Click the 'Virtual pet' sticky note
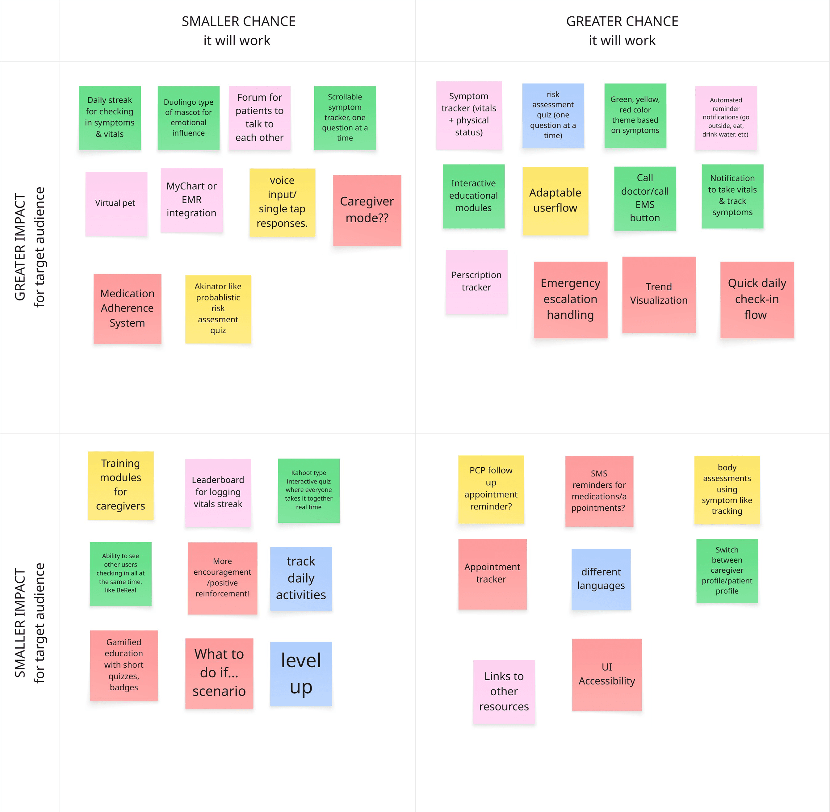tap(116, 204)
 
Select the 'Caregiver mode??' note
tap(367, 210)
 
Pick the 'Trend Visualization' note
tap(659, 295)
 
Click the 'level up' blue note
tap(301, 674)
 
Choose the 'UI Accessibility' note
tap(607, 675)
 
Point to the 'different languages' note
tap(601, 579)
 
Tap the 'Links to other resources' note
tap(504, 692)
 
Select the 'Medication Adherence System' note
tap(128, 309)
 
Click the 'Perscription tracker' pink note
tap(476, 282)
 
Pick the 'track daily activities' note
tap(301, 579)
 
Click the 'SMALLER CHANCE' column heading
tap(238, 21)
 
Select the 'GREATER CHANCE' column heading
tap(622, 21)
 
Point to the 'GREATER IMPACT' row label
tap(20, 247)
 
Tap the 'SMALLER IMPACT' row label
tap(20, 623)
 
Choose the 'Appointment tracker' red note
tap(492, 574)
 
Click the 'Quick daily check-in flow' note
tap(757, 300)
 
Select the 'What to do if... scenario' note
tap(219, 673)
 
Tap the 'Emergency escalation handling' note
tap(570, 300)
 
